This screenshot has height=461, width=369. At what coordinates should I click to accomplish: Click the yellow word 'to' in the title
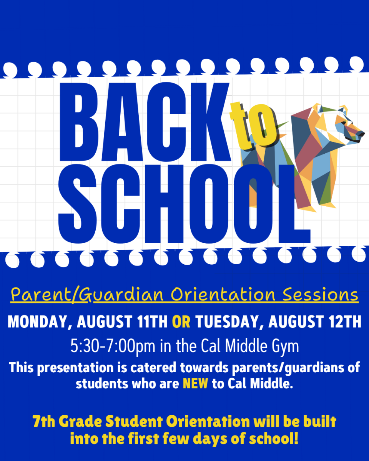253,126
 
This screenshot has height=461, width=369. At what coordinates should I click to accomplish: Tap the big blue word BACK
145,122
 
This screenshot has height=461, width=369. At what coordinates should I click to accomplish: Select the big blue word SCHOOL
184,204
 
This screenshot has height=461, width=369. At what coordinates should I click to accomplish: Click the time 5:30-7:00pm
113,353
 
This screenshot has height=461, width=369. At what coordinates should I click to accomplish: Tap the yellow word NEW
195,390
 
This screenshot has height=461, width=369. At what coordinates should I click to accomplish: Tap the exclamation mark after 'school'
296,445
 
